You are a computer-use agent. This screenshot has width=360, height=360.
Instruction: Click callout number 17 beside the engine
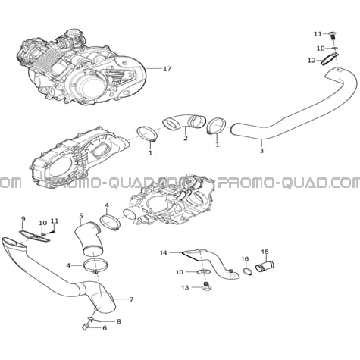(x=167, y=68)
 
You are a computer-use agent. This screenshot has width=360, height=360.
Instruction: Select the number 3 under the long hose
(x=261, y=151)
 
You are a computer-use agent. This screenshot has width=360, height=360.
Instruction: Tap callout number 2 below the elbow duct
(x=186, y=138)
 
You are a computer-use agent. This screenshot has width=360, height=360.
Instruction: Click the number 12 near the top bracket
(x=311, y=61)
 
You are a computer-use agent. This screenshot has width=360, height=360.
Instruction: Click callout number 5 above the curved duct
(x=81, y=216)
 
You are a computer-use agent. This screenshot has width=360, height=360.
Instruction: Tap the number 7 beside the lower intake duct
(x=131, y=299)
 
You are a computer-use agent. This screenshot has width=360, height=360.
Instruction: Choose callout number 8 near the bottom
(x=118, y=321)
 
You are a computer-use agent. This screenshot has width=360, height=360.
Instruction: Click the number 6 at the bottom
(x=105, y=328)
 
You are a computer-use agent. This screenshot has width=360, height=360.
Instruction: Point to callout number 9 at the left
(x=23, y=218)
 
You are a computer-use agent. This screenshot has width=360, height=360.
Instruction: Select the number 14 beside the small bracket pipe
(x=164, y=252)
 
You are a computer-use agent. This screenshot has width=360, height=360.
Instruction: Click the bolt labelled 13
(x=207, y=287)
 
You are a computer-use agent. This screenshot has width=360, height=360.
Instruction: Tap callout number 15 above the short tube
(x=265, y=252)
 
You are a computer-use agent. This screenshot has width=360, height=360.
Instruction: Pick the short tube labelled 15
(x=265, y=267)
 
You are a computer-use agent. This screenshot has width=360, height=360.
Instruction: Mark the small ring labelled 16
(x=248, y=272)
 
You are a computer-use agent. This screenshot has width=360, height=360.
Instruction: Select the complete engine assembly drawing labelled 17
(x=81, y=67)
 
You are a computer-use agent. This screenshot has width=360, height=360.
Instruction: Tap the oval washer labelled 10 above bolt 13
(x=204, y=272)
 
